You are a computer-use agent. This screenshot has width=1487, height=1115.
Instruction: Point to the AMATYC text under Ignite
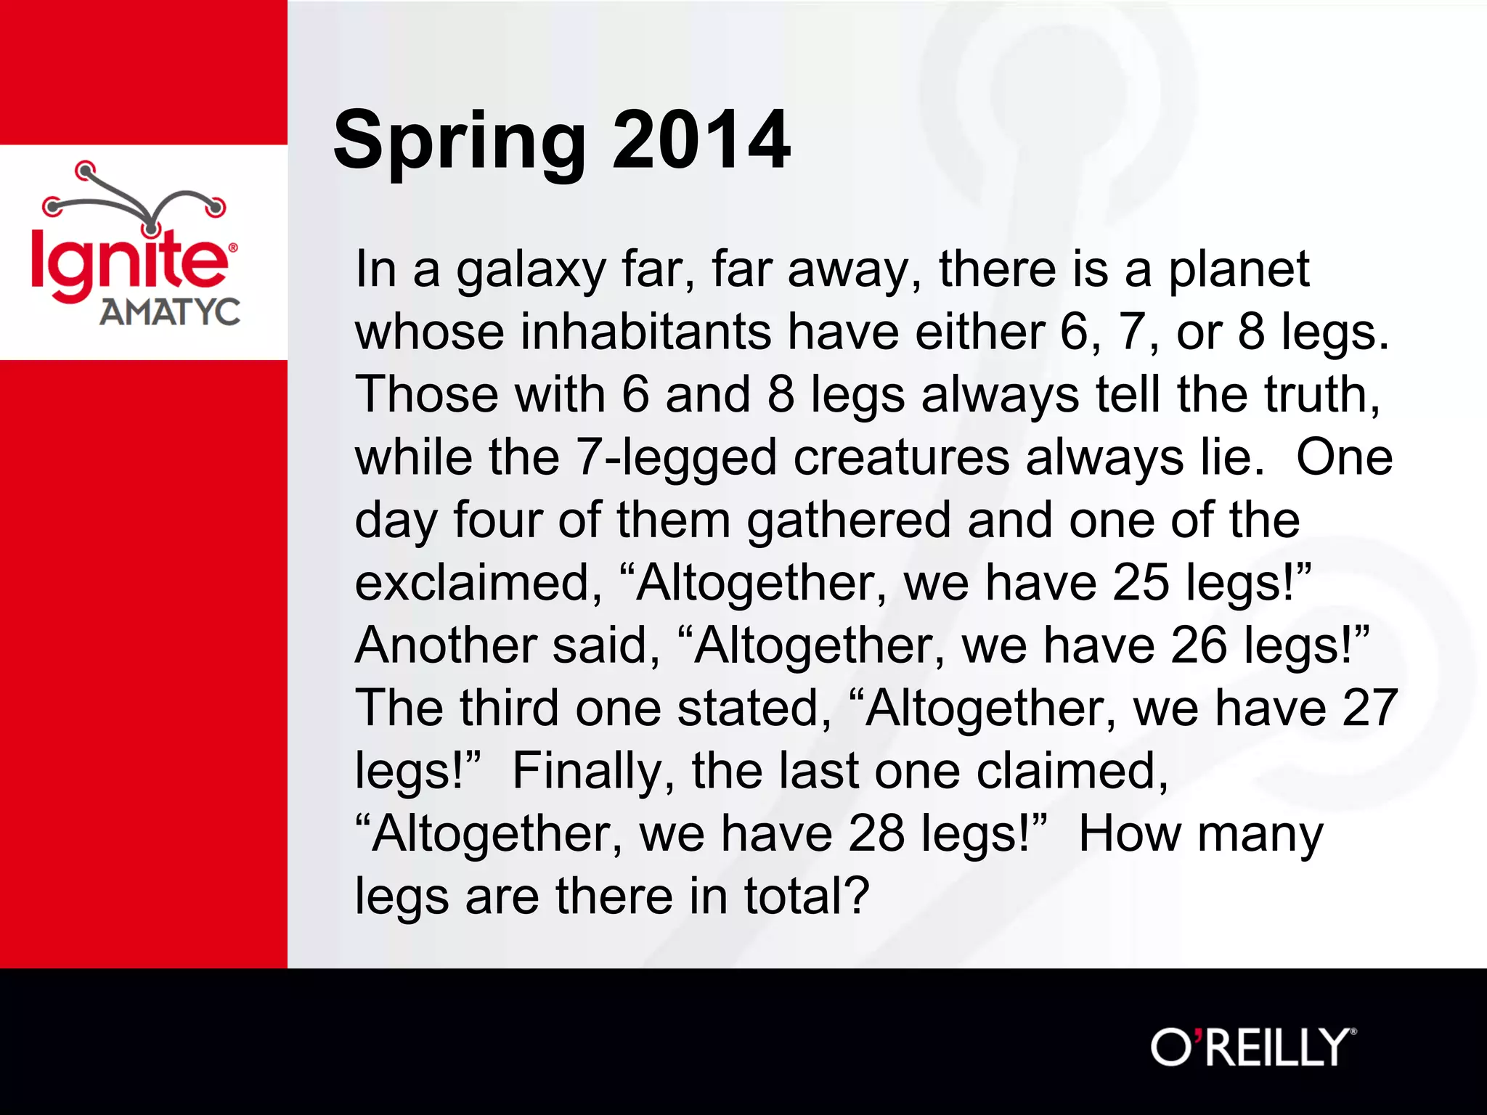click(170, 312)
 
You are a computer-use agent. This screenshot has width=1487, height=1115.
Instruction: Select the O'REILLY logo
click(1252, 1047)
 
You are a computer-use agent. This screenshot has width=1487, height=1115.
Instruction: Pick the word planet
click(1239, 271)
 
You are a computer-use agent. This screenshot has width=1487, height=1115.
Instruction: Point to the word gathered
click(849, 522)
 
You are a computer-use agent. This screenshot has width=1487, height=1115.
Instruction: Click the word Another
click(445, 646)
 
